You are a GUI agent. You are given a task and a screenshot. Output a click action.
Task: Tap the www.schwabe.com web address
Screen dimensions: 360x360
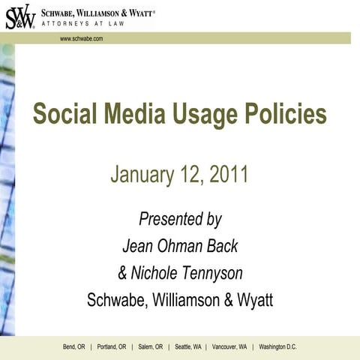tap(82, 38)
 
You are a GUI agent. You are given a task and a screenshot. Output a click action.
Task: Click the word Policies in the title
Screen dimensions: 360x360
tap(290, 115)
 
